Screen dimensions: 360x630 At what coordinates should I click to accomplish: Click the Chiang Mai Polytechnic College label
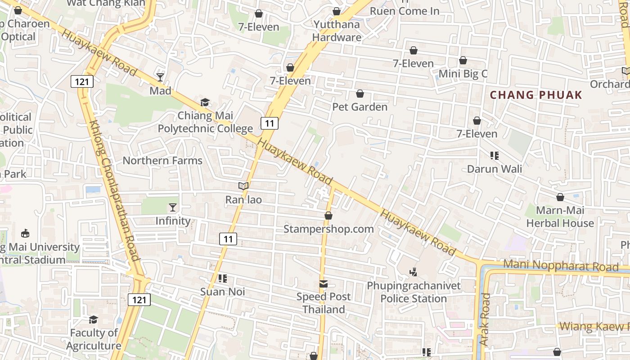tap(205, 122)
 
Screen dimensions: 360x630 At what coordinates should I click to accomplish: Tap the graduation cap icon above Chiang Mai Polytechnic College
tap(205, 103)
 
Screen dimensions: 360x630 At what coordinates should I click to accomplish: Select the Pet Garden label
tap(360, 107)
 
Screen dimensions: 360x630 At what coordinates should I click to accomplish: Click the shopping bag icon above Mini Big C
tap(463, 60)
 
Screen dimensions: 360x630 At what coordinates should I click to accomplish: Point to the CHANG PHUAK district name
tap(536, 95)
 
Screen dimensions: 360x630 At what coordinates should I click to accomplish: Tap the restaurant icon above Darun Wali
tap(495, 156)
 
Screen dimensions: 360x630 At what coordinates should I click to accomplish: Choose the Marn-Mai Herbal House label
tap(560, 216)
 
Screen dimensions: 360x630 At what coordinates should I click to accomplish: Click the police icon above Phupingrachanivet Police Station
tap(414, 272)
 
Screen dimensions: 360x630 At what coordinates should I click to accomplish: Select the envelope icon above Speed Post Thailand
tap(324, 284)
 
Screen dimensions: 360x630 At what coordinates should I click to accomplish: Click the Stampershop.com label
tap(328, 229)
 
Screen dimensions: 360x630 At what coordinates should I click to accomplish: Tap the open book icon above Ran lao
tap(243, 186)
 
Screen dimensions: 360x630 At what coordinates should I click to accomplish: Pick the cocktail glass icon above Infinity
tap(173, 207)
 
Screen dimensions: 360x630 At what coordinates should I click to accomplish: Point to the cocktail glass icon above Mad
tap(160, 77)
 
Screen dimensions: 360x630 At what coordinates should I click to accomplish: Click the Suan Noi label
tap(223, 292)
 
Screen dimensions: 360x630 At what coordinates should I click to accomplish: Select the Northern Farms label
tap(162, 160)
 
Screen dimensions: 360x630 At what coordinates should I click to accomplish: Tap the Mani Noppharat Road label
tap(561, 265)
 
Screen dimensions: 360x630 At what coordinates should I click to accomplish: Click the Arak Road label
tap(485, 319)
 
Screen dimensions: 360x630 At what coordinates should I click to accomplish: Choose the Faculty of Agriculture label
tap(94, 339)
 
